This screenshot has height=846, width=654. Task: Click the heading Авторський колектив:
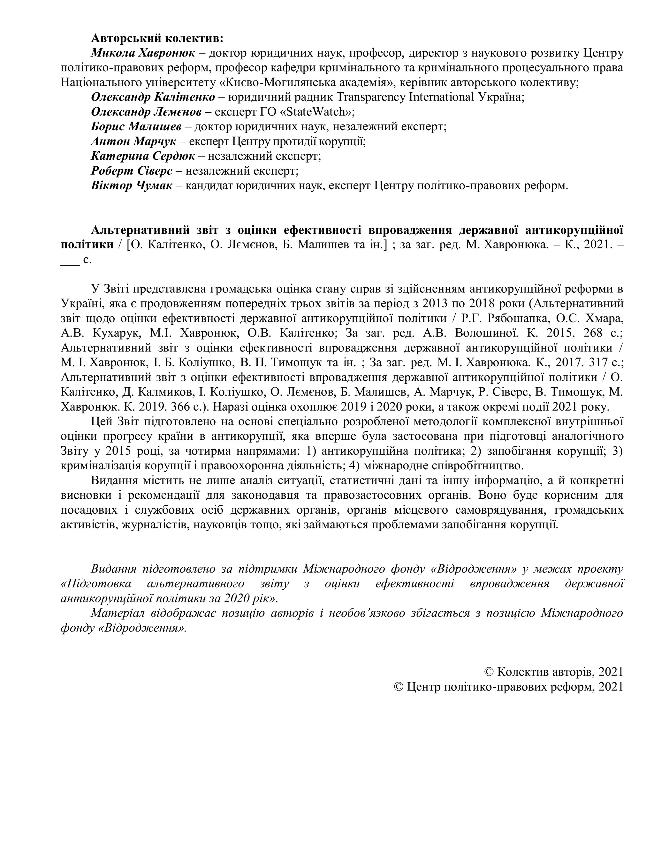tap(157, 38)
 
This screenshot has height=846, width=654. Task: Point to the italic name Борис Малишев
tap(136, 127)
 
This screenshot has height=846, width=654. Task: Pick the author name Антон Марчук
tap(133, 141)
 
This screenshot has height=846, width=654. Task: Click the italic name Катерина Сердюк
tap(143, 156)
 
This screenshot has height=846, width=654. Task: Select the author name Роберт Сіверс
tap(132, 171)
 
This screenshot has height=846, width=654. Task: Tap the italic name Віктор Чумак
tap(131, 185)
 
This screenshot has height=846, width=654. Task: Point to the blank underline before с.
tap(70, 260)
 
